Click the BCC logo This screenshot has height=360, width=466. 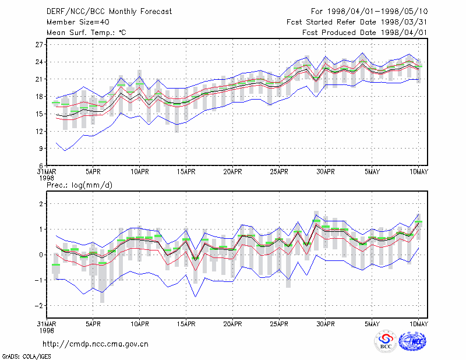(386, 341)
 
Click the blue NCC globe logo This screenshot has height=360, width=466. (412, 341)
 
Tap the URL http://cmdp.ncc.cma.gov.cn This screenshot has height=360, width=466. (96, 344)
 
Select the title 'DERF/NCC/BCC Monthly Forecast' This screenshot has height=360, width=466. (109, 12)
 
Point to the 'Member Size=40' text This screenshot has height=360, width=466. (78, 22)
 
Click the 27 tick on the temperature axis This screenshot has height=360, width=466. (39, 45)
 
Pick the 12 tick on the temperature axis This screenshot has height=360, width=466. (39, 131)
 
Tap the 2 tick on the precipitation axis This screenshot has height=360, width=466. (41, 204)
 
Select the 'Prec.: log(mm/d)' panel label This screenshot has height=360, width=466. (79, 185)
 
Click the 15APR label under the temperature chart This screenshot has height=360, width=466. (186, 172)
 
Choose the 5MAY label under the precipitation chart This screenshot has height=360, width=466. (372, 324)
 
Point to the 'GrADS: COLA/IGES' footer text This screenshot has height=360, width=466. (26, 357)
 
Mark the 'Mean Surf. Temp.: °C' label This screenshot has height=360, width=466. (86, 33)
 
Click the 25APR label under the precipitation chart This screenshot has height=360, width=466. (279, 324)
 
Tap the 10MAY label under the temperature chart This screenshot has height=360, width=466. (419, 172)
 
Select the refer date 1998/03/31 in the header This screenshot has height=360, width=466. (404, 22)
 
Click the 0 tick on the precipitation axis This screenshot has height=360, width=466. (41, 255)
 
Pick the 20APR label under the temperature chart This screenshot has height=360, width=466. (232, 172)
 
